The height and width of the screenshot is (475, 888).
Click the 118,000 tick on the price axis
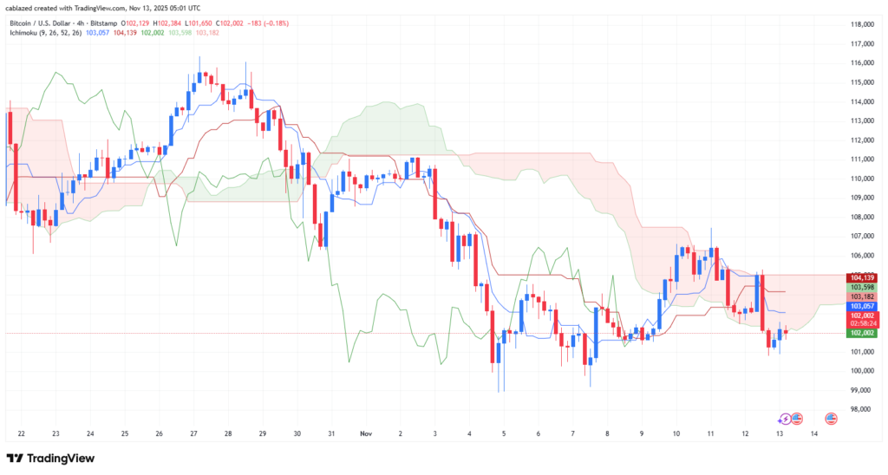point(860,24)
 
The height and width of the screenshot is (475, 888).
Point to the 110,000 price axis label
point(860,179)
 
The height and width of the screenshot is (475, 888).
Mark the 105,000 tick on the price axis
point(860,256)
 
